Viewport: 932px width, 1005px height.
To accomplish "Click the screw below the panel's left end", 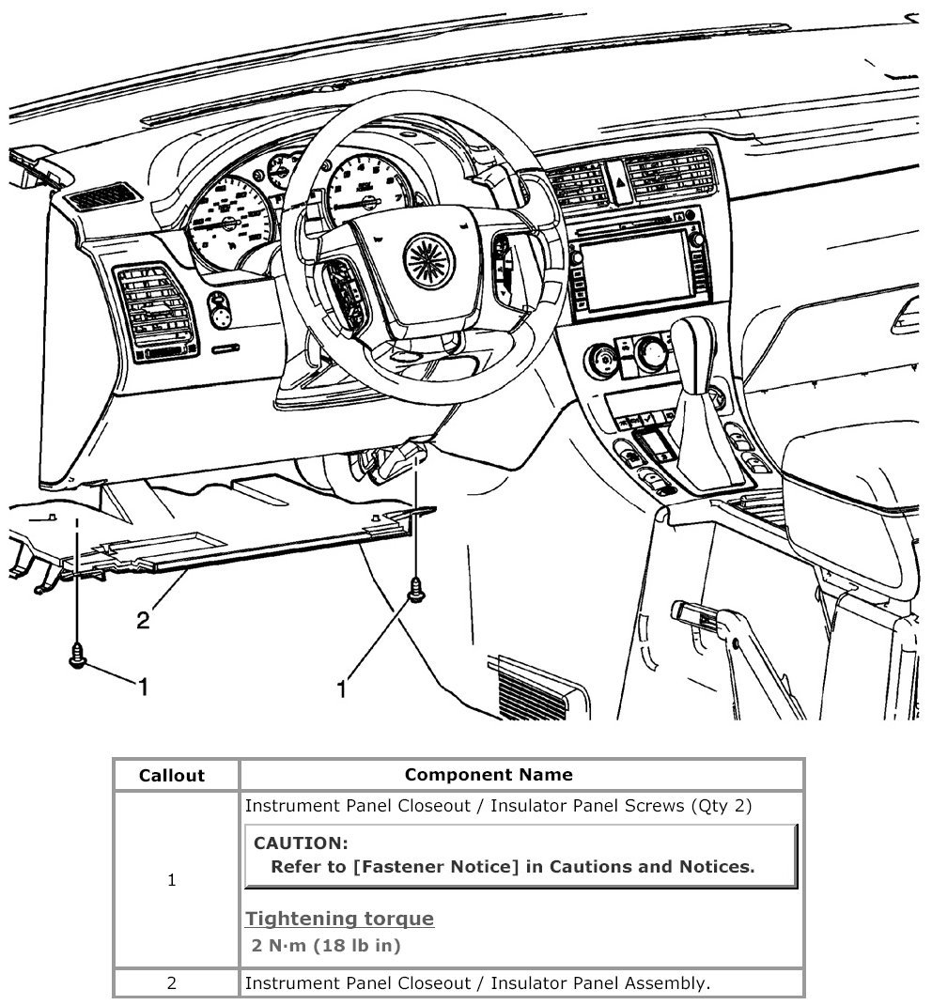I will click(x=78, y=656).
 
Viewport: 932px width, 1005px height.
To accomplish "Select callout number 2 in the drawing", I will click(x=143, y=621).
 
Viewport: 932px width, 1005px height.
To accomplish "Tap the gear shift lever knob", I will click(x=696, y=343).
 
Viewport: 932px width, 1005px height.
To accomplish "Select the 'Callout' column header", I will click(x=172, y=776).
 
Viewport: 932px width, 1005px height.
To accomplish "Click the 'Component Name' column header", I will click(x=489, y=775).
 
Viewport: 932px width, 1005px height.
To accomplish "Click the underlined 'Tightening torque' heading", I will click(x=340, y=919).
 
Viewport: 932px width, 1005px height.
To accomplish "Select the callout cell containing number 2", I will click(x=172, y=983).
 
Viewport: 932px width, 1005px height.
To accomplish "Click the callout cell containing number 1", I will click(x=172, y=881).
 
